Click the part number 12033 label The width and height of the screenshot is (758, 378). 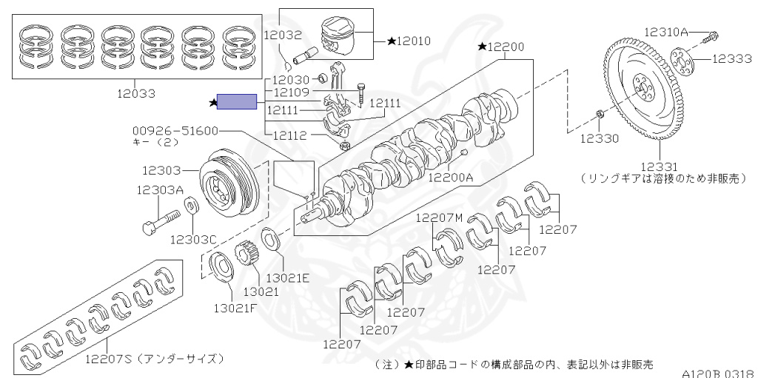coord(136,94)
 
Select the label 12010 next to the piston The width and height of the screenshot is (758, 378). coord(413,41)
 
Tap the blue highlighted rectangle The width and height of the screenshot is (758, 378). coord(236,102)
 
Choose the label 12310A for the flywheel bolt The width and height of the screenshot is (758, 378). coord(665,32)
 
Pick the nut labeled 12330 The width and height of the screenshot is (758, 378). coord(600,115)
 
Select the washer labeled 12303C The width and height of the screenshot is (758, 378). coord(189,204)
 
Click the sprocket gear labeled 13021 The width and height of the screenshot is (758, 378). coord(246,259)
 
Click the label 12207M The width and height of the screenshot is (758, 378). coord(439,217)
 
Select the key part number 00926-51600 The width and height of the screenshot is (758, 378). coord(176,130)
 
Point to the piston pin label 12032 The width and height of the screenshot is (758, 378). coord(281,34)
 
